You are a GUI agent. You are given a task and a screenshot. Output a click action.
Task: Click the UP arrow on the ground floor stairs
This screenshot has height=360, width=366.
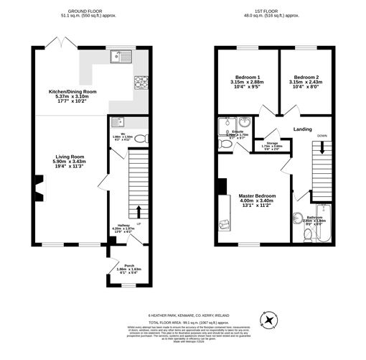(139, 213)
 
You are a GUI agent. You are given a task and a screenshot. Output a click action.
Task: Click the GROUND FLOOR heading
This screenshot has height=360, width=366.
(84, 11)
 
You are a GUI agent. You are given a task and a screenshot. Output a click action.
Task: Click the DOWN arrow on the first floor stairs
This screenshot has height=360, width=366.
(322, 147)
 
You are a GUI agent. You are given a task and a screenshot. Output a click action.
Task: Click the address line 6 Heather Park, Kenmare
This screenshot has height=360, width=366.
(183, 315)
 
